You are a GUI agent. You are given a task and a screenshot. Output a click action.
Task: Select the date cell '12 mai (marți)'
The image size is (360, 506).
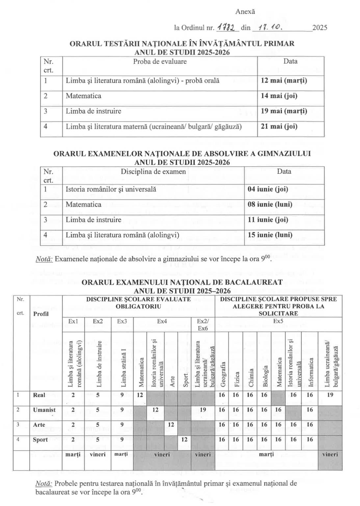(284, 81)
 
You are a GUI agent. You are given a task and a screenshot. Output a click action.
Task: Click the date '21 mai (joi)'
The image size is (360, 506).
(279, 126)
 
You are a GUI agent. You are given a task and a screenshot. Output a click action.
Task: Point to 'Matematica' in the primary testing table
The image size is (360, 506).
(84, 96)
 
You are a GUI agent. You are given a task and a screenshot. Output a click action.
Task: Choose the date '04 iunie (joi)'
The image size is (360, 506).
(268, 189)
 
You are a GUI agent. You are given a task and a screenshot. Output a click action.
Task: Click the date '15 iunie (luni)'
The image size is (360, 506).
(270, 235)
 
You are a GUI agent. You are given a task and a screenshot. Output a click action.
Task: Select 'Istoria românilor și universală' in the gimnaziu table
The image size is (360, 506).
(111, 189)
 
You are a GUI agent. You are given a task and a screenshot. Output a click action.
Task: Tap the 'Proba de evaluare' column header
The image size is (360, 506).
(160, 62)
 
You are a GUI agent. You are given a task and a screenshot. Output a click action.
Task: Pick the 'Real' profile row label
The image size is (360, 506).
(39, 395)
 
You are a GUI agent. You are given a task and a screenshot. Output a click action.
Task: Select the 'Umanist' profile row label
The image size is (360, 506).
(44, 410)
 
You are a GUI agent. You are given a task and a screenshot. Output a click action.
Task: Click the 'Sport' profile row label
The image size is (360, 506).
(40, 440)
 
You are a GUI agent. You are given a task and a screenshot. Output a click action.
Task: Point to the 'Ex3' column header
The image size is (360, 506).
(122, 321)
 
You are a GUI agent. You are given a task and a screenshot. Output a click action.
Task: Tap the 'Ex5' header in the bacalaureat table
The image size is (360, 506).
(278, 321)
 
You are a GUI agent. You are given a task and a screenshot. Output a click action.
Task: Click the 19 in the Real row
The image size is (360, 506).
(330, 395)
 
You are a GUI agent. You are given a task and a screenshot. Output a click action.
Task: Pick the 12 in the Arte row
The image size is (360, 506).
(171, 425)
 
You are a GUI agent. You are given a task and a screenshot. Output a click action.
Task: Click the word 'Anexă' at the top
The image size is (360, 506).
(245, 12)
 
